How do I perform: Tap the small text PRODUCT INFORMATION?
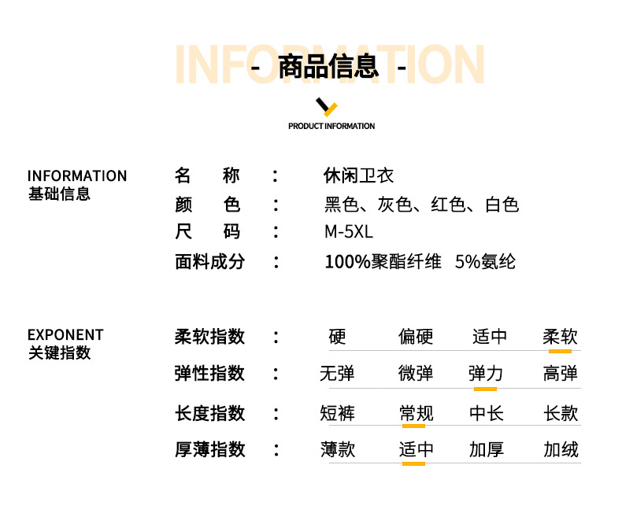(x=331, y=126)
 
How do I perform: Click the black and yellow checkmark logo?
(x=326, y=107)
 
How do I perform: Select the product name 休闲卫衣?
(x=359, y=175)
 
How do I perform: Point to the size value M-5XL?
(x=348, y=232)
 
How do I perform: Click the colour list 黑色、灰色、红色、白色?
(x=422, y=205)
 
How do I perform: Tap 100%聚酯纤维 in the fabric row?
(x=383, y=261)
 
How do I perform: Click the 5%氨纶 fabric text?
(x=485, y=261)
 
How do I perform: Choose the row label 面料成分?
(x=209, y=261)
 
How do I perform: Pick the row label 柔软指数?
(x=209, y=337)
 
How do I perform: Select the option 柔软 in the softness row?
(x=560, y=337)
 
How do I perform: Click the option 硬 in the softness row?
(x=337, y=337)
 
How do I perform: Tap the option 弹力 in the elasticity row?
(x=485, y=373)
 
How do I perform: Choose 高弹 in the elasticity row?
(x=560, y=373)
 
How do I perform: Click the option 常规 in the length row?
(x=416, y=413)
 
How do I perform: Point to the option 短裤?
(x=337, y=413)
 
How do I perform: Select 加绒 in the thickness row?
(x=560, y=449)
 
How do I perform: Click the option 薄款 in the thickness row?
(x=337, y=449)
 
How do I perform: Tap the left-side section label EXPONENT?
(x=65, y=335)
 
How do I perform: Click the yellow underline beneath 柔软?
(x=560, y=351)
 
